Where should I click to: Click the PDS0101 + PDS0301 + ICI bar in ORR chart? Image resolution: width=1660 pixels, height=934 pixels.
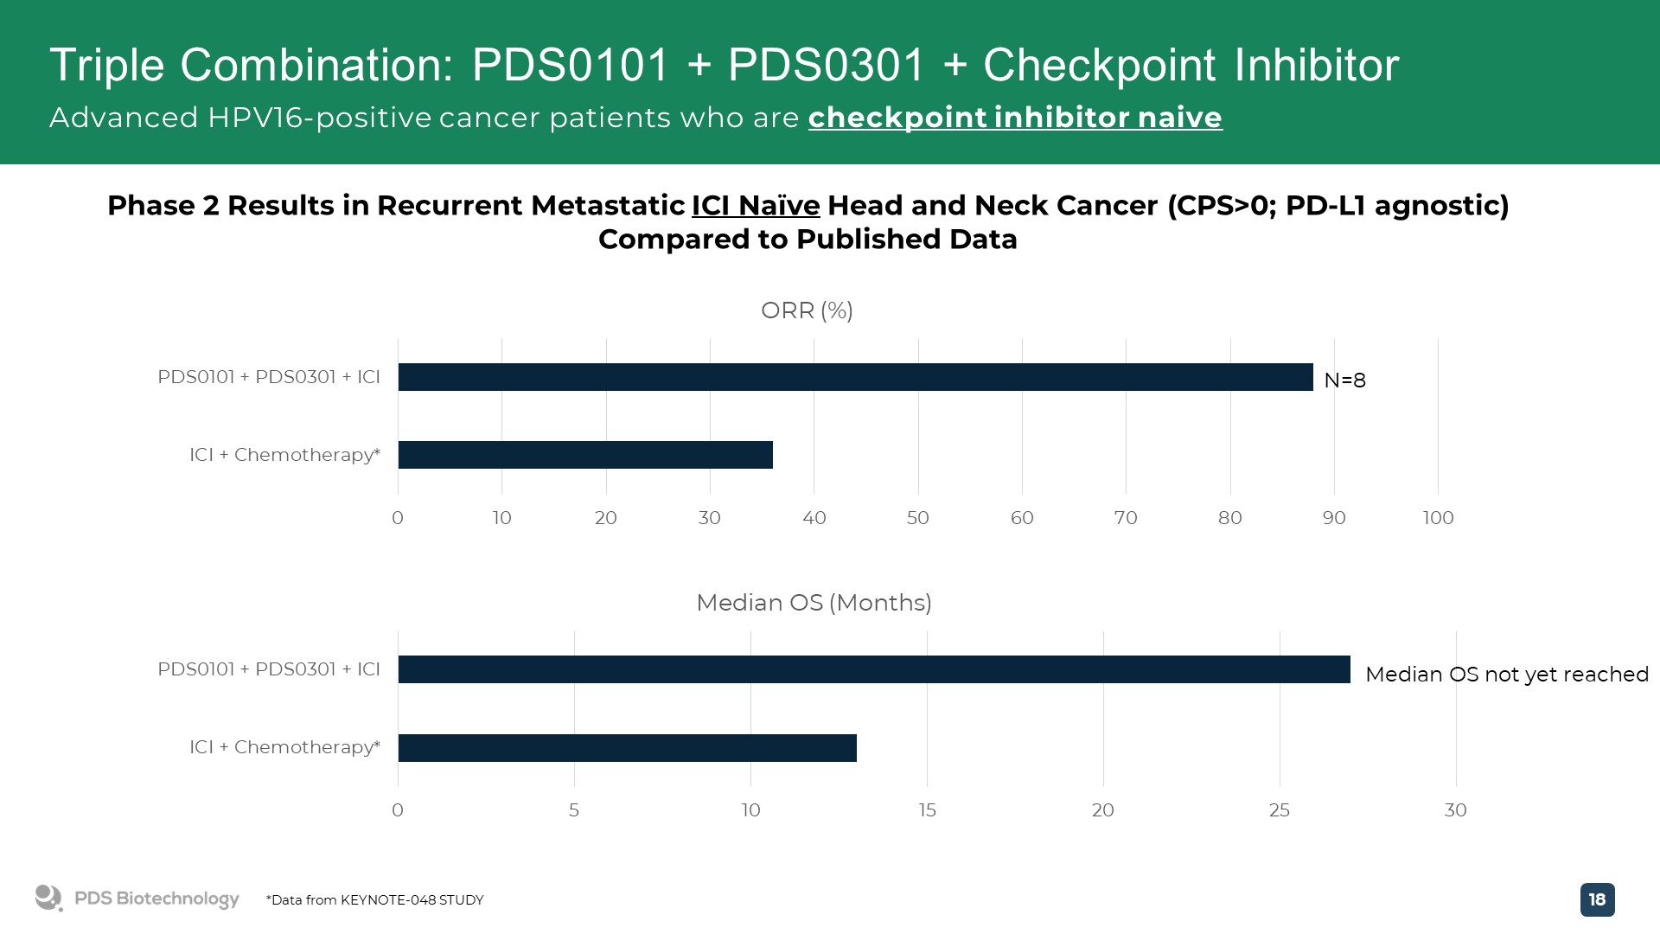(x=855, y=377)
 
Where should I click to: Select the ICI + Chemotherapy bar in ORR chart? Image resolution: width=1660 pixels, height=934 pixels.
(x=585, y=455)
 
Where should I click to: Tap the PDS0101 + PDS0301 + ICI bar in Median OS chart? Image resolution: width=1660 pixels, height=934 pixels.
(x=874, y=669)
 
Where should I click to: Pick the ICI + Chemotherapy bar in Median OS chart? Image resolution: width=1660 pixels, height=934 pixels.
(x=628, y=748)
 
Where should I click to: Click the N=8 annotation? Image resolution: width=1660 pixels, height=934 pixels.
(x=1344, y=381)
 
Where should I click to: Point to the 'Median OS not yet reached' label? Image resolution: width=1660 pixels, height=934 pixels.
(x=1507, y=675)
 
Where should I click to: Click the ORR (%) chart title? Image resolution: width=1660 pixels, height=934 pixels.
(x=807, y=310)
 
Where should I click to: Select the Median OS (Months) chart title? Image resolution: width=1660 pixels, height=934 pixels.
(x=814, y=603)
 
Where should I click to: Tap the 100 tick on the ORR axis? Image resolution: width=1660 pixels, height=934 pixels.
(x=1439, y=518)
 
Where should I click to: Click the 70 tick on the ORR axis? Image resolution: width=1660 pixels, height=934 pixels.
(x=1126, y=518)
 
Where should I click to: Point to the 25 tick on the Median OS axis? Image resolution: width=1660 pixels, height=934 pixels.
(x=1280, y=810)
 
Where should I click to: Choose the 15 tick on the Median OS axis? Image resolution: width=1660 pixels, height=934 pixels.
(x=927, y=810)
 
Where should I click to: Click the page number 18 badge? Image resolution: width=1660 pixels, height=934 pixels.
(x=1597, y=899)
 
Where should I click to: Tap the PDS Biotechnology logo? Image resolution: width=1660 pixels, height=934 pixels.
(x=137, y=899)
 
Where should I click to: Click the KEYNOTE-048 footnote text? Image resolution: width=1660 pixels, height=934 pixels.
(x=374, y=900)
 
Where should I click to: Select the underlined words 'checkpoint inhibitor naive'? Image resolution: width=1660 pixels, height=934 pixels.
(x=1015, y=118)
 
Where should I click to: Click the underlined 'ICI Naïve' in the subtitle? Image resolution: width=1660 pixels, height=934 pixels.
(x=756, y=206)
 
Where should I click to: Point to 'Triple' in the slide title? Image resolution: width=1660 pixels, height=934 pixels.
(x=107, y=66)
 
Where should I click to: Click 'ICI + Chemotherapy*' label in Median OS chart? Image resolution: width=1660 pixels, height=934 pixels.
(x=284, y=747)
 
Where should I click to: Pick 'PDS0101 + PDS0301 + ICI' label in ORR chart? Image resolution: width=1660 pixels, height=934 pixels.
(x=269, y=377)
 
